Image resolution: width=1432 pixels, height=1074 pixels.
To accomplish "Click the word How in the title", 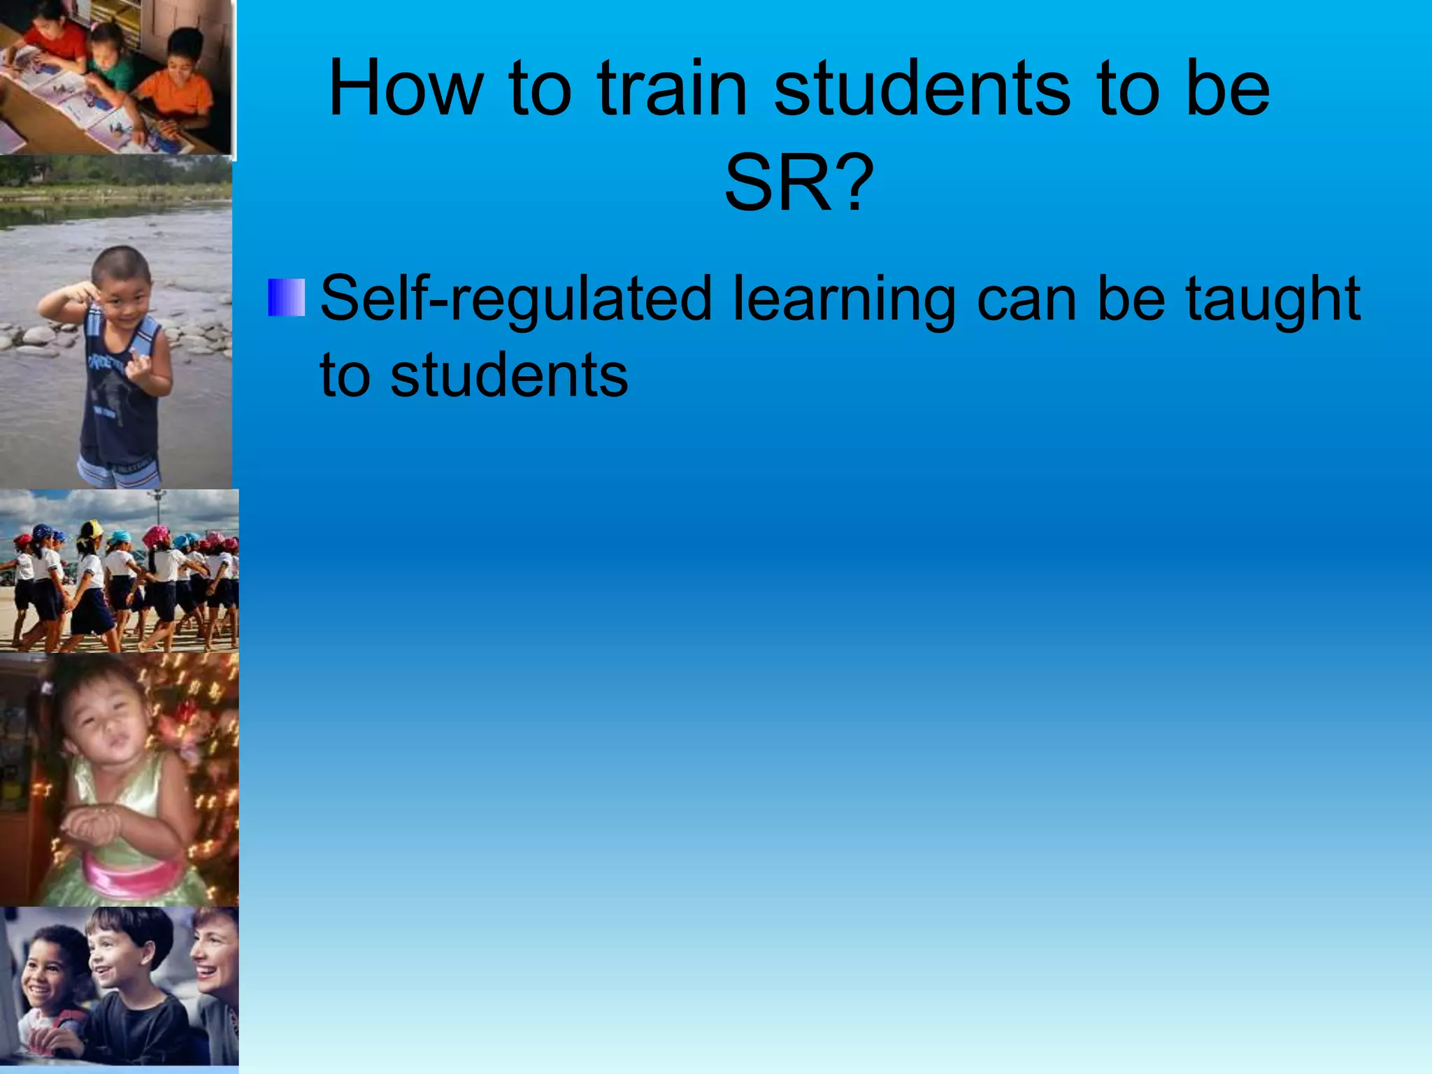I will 406,89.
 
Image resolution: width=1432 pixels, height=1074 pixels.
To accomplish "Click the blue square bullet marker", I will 287,297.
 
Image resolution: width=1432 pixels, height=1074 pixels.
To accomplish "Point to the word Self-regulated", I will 516,299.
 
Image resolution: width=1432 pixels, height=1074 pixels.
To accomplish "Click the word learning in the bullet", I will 843,299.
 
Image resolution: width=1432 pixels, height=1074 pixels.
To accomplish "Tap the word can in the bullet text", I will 1026,299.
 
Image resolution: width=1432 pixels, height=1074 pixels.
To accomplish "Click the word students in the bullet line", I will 509,375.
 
